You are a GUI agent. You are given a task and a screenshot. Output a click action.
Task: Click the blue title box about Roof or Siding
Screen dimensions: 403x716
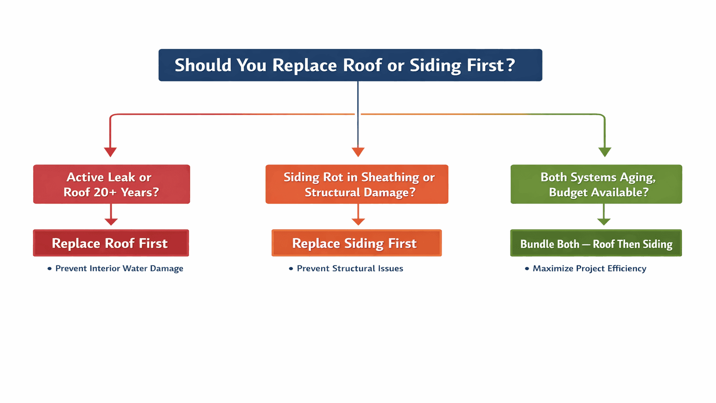[350, 65]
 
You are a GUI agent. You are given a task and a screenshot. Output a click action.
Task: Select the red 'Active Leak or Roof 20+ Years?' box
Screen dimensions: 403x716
[111, 184]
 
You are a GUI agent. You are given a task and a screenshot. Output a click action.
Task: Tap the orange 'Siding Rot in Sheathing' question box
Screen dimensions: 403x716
[357, 184]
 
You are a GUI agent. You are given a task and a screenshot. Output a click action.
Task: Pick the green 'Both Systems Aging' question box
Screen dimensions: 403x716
[596, 184]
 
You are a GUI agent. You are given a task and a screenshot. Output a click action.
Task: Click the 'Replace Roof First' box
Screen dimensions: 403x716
[111, 243]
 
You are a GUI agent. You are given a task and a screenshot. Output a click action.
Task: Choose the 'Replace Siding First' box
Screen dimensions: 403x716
[356, 243]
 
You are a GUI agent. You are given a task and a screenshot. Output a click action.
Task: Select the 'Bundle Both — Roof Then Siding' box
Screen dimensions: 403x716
[596, 243]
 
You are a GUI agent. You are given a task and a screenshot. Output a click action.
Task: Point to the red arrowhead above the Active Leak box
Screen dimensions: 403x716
[111, 152]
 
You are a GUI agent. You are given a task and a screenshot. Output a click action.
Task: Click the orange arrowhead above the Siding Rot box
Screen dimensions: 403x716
[358, 152]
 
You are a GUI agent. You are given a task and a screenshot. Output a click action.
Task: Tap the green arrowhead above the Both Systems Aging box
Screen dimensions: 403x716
[605, 152]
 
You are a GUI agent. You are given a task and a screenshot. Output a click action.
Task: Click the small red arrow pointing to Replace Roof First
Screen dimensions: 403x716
[111, 221]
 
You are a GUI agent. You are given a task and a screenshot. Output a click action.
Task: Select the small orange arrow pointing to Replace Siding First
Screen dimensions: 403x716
[358, 221]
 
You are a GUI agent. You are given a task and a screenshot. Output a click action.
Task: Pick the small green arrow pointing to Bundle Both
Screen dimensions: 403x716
[604, 221]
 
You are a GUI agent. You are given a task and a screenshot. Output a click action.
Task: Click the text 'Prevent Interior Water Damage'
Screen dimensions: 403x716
[119, 269]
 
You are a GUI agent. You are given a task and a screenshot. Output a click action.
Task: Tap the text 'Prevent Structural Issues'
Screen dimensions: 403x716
[349, 269]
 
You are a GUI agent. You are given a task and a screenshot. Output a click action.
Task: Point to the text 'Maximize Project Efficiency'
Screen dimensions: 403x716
[589, 269]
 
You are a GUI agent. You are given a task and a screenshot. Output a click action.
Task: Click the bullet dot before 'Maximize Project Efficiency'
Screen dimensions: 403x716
[527, 269]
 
